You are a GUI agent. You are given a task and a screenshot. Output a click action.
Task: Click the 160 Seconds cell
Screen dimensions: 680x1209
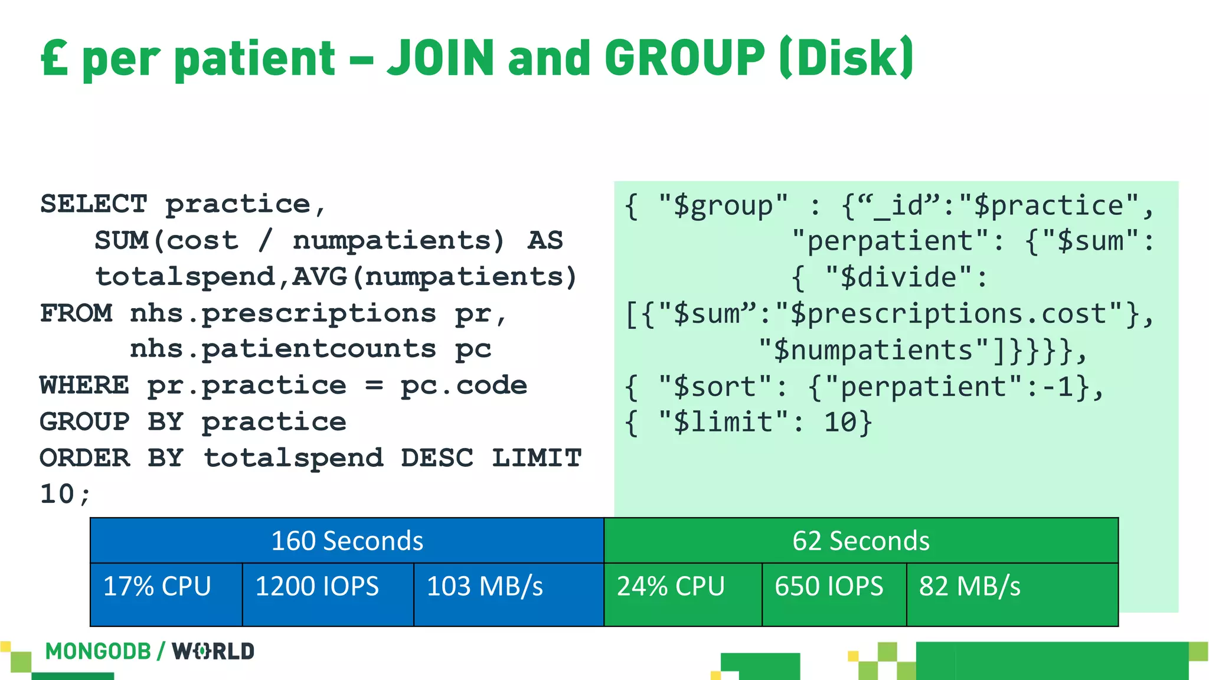347,541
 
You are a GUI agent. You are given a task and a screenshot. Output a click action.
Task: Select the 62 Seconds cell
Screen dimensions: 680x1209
861,541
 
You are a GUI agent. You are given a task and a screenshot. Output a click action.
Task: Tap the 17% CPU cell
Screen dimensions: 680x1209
166,594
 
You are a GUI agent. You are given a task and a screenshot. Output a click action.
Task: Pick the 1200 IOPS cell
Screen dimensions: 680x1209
328,594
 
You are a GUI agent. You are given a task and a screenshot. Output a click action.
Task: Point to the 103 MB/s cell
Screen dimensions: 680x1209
508,594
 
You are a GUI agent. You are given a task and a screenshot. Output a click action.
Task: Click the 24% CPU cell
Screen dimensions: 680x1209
682,594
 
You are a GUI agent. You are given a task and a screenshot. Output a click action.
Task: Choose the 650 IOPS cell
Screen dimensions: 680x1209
834,594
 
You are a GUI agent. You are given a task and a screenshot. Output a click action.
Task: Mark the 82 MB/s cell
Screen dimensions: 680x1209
1012,594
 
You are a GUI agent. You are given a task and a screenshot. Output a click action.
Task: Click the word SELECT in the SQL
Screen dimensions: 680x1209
93,204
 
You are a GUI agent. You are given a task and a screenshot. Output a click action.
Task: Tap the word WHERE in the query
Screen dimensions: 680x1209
84,385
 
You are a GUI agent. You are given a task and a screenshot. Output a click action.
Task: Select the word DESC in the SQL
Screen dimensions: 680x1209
437,458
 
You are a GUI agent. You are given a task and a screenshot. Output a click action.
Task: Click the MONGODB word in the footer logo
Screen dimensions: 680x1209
98,651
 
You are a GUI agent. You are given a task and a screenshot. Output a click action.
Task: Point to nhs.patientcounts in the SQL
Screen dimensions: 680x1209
282,349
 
